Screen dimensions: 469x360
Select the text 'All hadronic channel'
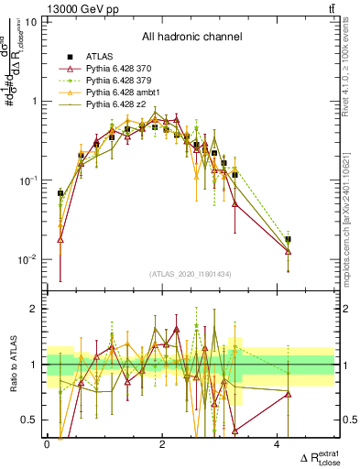(191, 38)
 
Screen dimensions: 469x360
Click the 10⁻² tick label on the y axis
(28, 260)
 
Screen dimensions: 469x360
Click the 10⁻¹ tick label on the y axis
(28, 180)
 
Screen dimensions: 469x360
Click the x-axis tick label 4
(277, 444)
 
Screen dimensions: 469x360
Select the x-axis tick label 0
(47, 444)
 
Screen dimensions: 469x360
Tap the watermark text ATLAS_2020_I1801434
(191, 274)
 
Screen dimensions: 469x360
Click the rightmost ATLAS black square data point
(288, 239)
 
